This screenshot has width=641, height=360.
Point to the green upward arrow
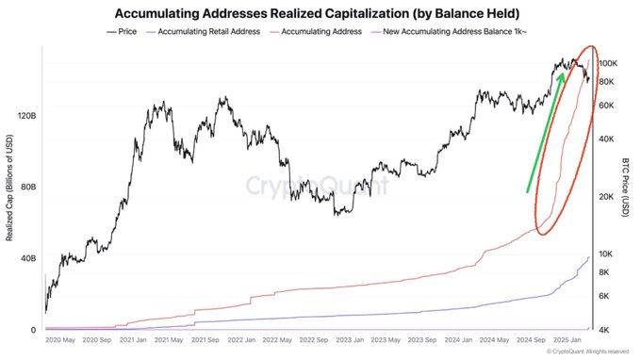click(x=546, y=132)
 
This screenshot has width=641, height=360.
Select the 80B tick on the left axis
click(x=25, y=187)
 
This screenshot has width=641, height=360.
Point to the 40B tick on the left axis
click(x=25, y=257)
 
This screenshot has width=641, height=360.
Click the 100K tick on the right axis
click(x=607, y=62)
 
